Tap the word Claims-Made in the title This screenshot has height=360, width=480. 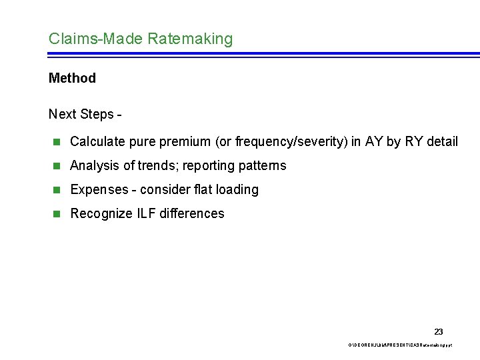pyautogui.click(x=95, y=39)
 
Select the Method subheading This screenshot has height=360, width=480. pyautogui.click(x=72, y=78)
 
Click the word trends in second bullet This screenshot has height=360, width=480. pyautogui.click(x=157, y=165)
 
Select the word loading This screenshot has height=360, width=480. pyautogui.click(x=237, y=189)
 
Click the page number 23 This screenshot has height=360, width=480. pyautogui.click(x=438, y=331)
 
